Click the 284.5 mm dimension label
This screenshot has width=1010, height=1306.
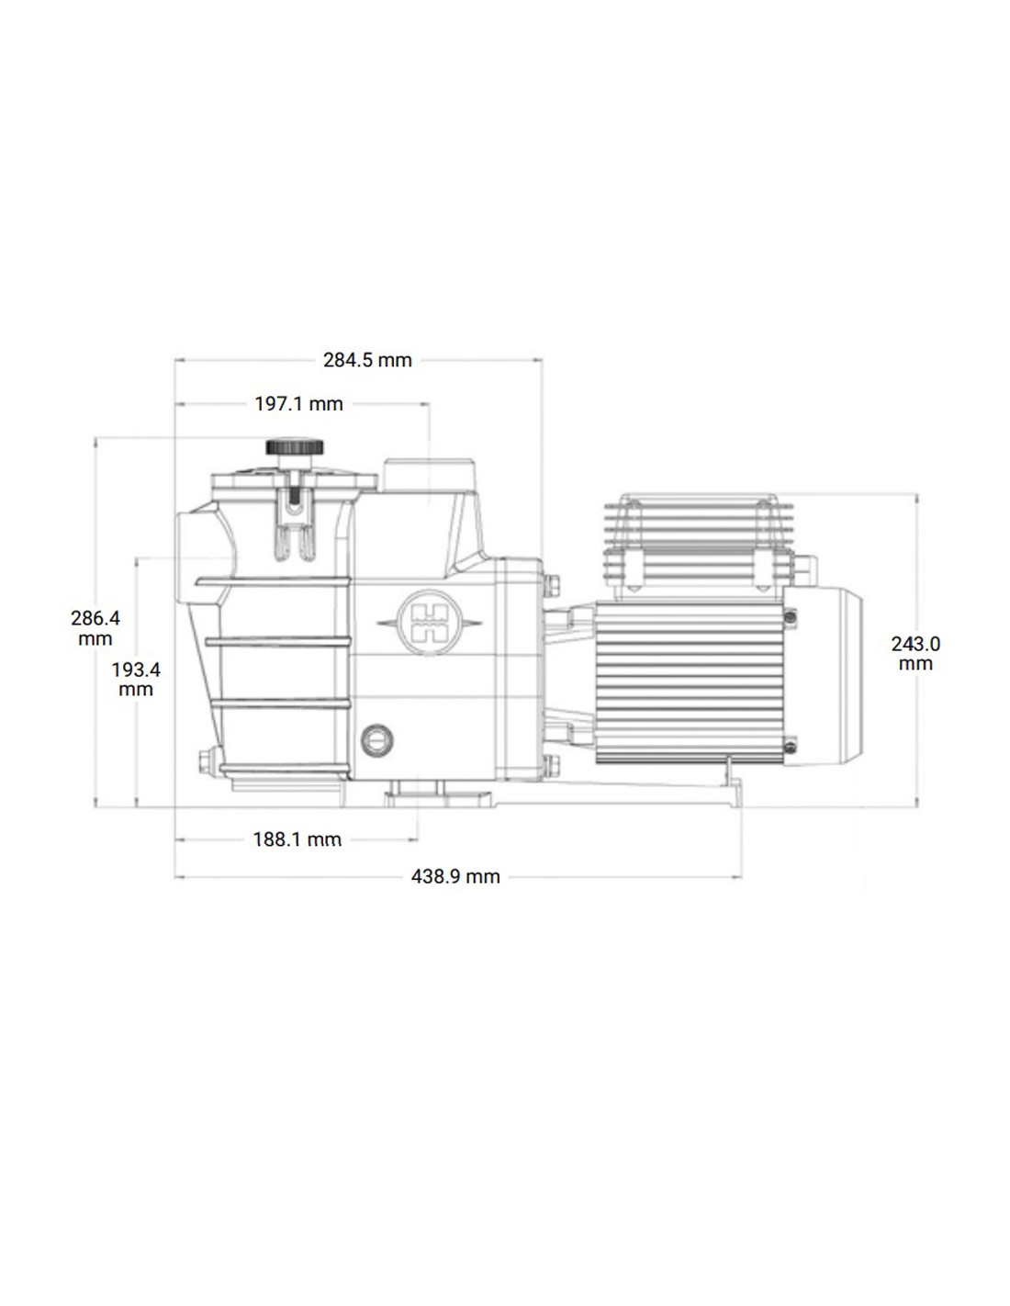[x=367, y=360]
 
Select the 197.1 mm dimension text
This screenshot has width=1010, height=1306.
[x=298, y=403]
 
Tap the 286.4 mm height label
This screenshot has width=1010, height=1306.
[x=95, y=628]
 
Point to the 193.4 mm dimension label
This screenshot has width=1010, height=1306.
[x=136, y=679]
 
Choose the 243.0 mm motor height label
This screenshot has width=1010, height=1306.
[x=915, y=654]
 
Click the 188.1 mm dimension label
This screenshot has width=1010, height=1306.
[x=297, y=839]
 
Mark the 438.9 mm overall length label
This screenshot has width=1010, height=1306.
[x=455, y=877]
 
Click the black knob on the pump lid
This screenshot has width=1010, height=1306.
[x=295, y=447]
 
